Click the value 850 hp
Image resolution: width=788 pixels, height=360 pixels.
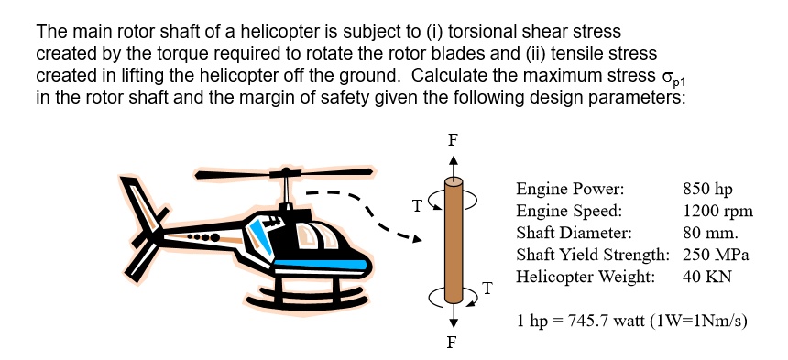[707, 190]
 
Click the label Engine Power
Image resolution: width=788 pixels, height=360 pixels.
[570, 190]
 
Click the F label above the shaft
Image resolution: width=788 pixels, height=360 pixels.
[452, 141]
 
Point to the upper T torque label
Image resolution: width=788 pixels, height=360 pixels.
[418, 206]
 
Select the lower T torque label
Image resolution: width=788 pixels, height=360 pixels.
[487, 290]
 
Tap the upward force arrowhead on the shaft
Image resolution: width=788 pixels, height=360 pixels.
[452, 162]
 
